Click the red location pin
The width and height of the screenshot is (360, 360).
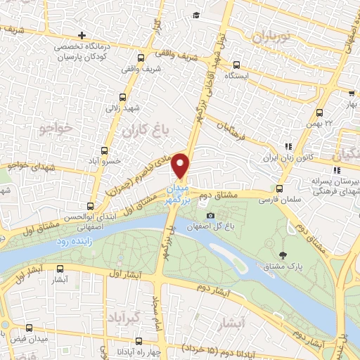[181, 166]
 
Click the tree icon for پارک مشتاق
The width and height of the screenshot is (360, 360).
[283, 255]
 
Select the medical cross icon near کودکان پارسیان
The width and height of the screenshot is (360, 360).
[82, 34]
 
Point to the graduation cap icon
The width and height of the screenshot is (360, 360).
[196, 15]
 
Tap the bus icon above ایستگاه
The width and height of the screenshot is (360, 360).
[236, 63]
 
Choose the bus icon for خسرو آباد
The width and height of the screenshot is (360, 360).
[105, 150]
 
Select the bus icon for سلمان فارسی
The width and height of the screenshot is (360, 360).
[279, 189]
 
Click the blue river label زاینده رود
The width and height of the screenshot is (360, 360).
[70, 241]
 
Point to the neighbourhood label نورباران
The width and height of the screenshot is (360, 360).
[269, 37]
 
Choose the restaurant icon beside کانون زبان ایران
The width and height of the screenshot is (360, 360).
[288, 146]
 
